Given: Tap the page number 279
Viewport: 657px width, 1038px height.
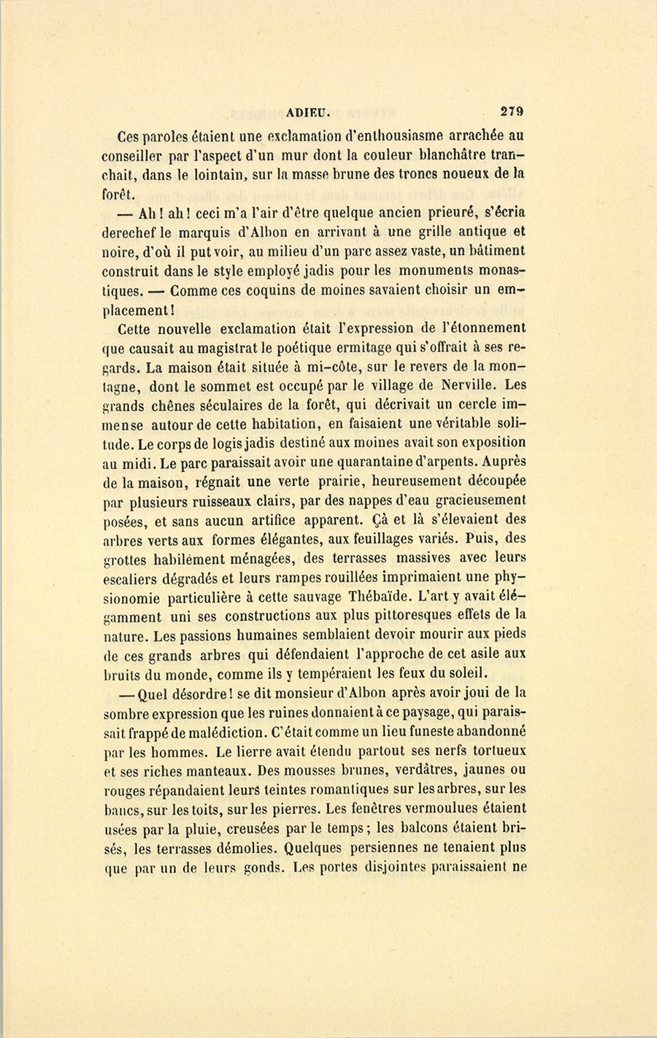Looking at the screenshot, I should pyautogui.click(x=512, y=112).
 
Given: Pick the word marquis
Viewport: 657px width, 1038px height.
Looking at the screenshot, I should pyautogui.click(x=212, y=232).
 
